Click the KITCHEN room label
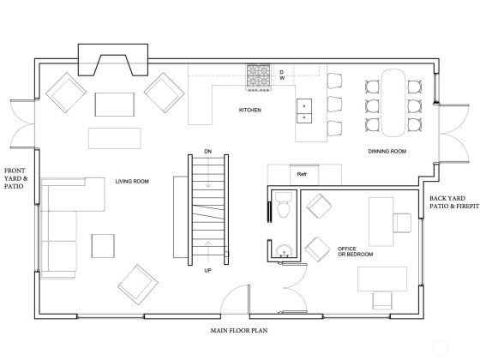[x=249, y=110]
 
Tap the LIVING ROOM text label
[x=132, y=181]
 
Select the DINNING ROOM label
[x=387, y=151]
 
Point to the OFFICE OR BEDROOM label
[x=355, y=251]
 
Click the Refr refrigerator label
[x=302, y=174]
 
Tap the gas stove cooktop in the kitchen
[x=259, y=77]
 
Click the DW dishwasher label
[x=282, y=75]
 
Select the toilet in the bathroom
[x=284, y=205]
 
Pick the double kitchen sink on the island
[x=304, y=111]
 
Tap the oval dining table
[x=393, y=103]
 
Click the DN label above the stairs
[x=207, y=151]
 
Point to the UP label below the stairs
[x=207, y=271]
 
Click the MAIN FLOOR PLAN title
[x=239, y=331]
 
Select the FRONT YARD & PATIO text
[x=15, y=178]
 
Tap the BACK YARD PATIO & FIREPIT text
[x=454, y=202]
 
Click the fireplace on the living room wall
[x=113, y=60]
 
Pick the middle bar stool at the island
[x=334, y=105]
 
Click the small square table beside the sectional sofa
[x=103, y=246]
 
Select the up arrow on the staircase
[x=208, y=249]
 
